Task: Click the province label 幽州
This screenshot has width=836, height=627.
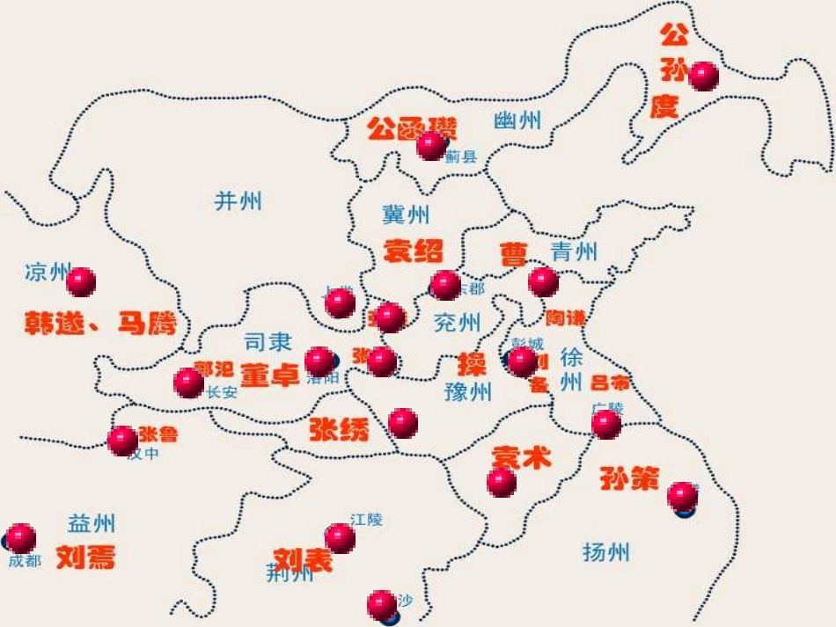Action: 517,121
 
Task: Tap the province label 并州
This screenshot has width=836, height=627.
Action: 238,201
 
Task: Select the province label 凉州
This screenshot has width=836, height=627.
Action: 46,273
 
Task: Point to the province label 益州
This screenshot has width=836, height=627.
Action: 92,524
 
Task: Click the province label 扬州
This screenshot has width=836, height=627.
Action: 606,552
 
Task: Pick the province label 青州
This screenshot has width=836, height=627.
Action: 575,252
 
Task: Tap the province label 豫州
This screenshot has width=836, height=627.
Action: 468,391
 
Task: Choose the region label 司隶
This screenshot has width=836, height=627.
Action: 268,342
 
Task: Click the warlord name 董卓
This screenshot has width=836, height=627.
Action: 270,375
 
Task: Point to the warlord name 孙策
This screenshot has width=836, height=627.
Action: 629,478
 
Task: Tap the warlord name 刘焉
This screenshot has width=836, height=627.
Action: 85,557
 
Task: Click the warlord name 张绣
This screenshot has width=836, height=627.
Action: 339,430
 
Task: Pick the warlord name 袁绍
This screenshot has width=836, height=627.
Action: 413,252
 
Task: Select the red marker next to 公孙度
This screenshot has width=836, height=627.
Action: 703,77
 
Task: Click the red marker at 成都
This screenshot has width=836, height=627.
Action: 21,537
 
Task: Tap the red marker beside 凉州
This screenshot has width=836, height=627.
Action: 81,282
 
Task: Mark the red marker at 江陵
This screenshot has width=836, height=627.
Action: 340,538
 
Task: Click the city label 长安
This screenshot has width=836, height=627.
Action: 222,393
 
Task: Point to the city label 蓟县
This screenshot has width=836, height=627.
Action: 460,157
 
